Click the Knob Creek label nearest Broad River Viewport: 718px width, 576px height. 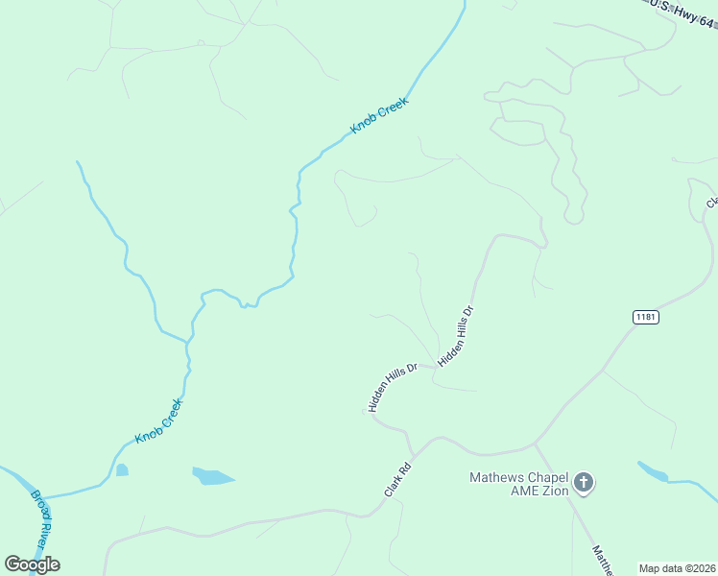pyautogui.click(x=158, y=420)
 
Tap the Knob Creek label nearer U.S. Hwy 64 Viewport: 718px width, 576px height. pyautogui.click(x=379, y=114)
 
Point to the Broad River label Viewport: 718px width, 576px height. pyautogui.click(x=43, y=519)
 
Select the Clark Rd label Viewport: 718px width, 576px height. pyautogui.click(x=397, y=480)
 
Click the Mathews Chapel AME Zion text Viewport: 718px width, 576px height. pyautogui.click(x=518, y=484)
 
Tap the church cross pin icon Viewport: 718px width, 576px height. pyautogui.click(x=584, y=484)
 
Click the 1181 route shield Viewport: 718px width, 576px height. pyautogui.click(x=646, y=317)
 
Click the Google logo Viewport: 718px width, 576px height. pyautogui.click(x=32, y=564)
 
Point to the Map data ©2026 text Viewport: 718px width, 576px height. pyautogui.click(x=677, y=568)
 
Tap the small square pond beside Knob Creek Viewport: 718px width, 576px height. pyautogui.click(x=122, y=470)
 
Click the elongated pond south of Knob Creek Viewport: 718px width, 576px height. pyautogui.click(x=213, y=476)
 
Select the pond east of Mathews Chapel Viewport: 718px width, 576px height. pyautogui.click(x=653, y=471)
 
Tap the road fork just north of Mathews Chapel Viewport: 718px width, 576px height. pyautogui.click(x=535, y=444)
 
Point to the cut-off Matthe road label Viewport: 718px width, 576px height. pyautogui.click(x=603, y=561)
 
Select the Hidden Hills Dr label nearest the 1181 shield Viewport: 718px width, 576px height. pyautogui.click(x=457, y=336)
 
